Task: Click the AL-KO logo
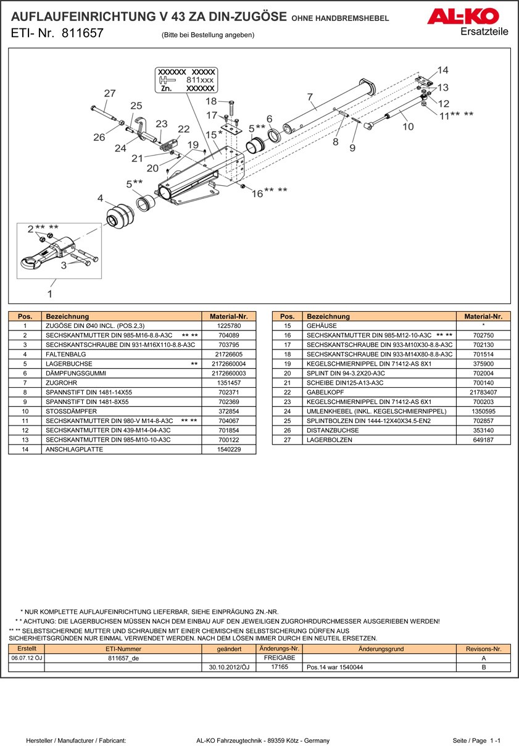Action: tap(467, 16)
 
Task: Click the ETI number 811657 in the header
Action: tap(82, 33)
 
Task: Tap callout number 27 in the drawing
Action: tap(109, 94)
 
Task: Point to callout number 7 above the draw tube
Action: tap(310, 96)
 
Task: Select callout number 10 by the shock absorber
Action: tap(407, 127)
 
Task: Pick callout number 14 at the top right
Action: tap(442, 70)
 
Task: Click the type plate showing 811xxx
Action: tap(187, 80)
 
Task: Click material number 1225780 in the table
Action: tap(229, 325)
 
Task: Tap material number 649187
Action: tap(483, 440)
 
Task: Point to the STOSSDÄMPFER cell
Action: tap(72, 411)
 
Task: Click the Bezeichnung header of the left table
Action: tap(67, 316)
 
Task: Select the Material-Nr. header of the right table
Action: tap(483, 316)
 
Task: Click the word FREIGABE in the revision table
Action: tap(279, 658)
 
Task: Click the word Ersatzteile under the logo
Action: tap(484, 32)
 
